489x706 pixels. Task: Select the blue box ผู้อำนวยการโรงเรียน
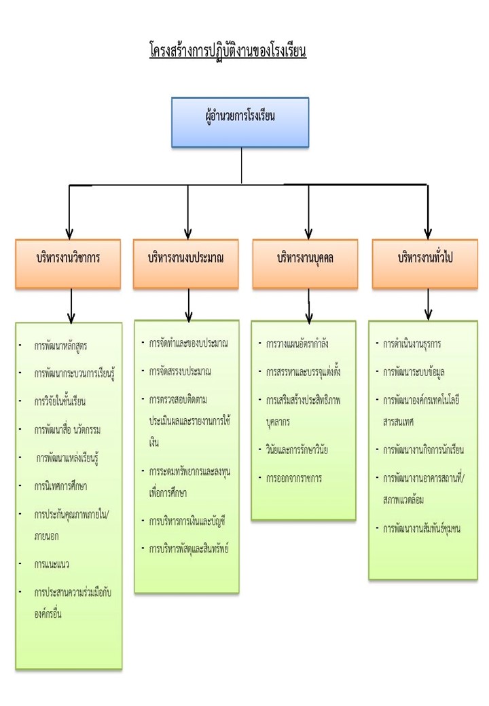coord(240,122)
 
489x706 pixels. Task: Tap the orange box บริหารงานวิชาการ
coord(69,259)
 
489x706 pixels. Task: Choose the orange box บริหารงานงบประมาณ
coord(186,259)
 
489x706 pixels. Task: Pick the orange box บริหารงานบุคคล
coord(308,259)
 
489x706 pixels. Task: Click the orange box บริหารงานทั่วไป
coord(427,259)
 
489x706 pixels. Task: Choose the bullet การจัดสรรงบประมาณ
coord(180,371)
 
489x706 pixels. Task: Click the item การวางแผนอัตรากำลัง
coord(298,344)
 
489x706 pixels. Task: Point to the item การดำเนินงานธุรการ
coord(412,344)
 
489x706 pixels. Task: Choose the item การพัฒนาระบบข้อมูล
coord(414,372)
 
